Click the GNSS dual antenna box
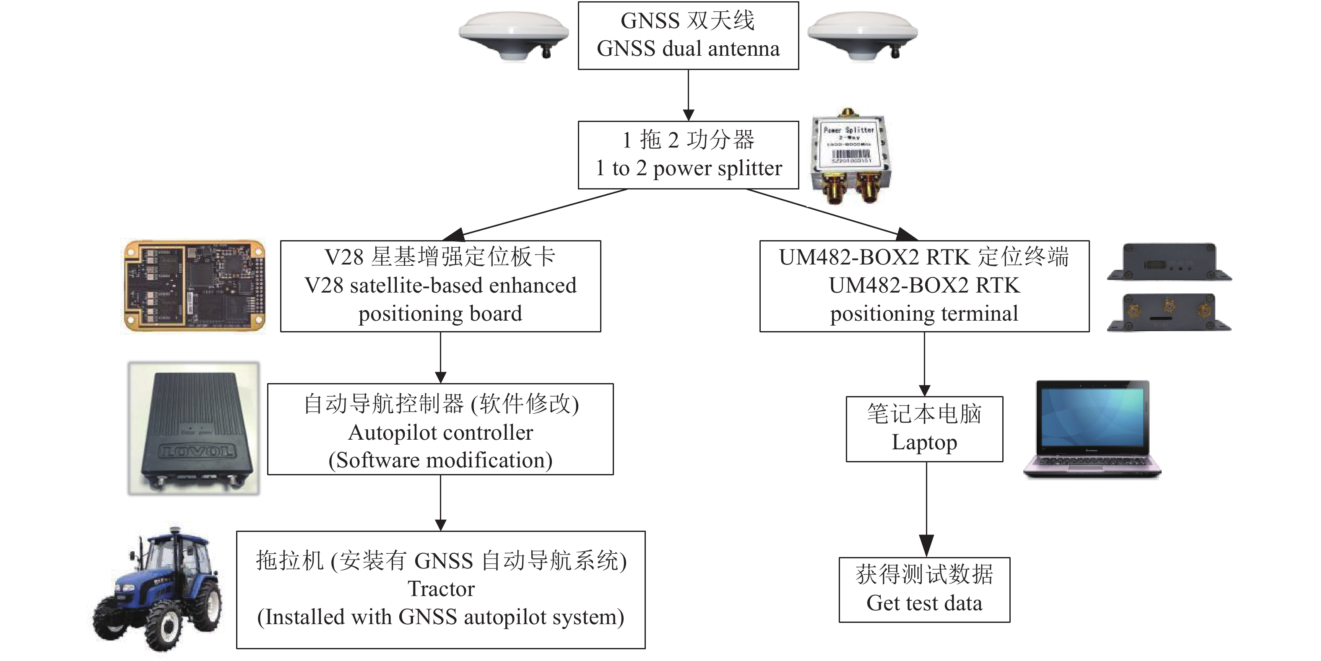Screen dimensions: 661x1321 coord(688,35)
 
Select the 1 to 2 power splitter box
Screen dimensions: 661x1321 coord(688,155)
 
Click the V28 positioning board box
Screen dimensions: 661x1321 coord(440,286)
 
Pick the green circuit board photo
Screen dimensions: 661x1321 coord(194,285)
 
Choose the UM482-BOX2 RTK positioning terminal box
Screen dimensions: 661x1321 coord(924,286)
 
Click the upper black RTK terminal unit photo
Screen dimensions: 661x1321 coord(1169,262)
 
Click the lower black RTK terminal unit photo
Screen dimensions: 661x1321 coord(1169,313)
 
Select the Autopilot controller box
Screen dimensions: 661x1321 coord(440,429)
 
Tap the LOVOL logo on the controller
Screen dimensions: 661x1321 coord(198,451)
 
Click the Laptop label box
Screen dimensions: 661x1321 coord(924,429)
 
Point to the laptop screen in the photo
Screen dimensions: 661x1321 coord(1092,417)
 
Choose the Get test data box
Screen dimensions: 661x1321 coord(924,590)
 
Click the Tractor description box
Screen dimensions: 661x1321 coord(440,589)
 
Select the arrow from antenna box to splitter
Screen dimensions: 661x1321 coord(688,95)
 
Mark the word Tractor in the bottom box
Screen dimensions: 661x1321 coord(441,589)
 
